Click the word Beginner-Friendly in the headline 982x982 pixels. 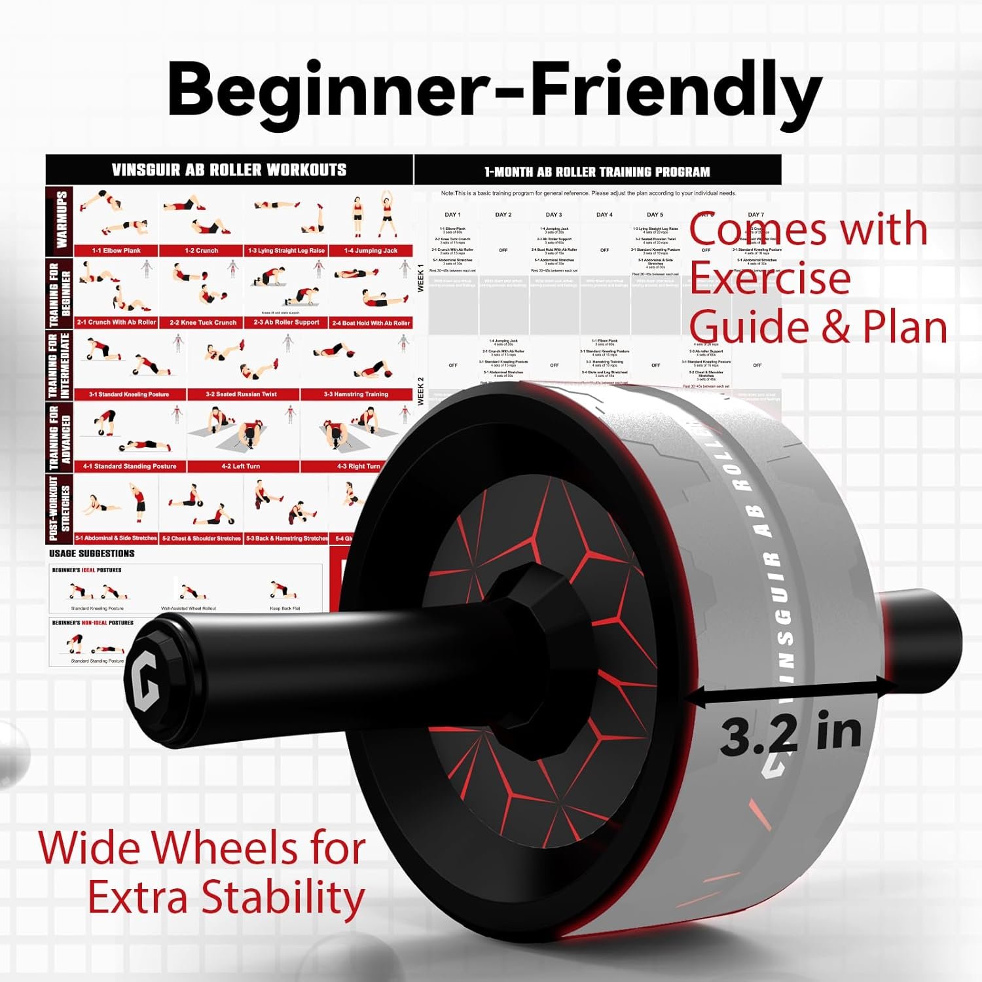494,89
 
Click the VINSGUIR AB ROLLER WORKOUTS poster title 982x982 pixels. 229,170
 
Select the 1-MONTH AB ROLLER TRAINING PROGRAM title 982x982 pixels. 597,172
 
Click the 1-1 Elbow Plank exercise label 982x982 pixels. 117,251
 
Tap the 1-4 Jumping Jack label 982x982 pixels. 371,251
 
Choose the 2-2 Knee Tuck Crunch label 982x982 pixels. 203,323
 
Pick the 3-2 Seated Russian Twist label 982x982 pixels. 242,394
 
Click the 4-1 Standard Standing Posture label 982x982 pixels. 130,466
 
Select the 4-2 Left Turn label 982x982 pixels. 241,466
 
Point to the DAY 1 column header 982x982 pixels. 452,215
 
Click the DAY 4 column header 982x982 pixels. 604,215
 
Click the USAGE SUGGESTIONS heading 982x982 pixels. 92,554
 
